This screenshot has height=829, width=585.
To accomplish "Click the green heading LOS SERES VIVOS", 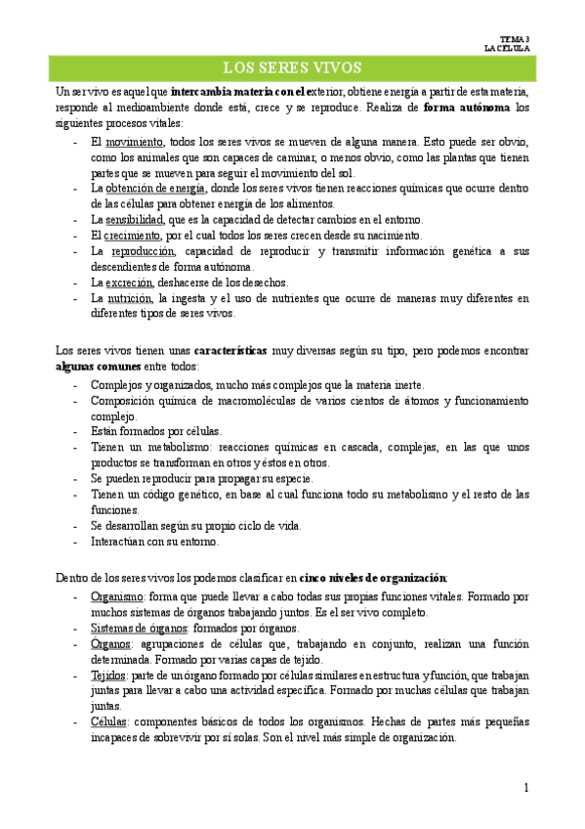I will pyautogui.click(x=292, y=67).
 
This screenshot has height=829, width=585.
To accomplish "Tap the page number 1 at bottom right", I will pyautogui.click(x=525, y=788).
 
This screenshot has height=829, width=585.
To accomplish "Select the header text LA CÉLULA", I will pyautogui.click(x=507, y=47).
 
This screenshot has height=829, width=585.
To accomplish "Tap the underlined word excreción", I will pyautogui.click(x=131, y=283).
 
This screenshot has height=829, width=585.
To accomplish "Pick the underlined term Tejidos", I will pyautogui.click(x=108, y=675).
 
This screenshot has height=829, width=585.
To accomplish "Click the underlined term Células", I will pyautogui.click(x=107, y=721).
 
